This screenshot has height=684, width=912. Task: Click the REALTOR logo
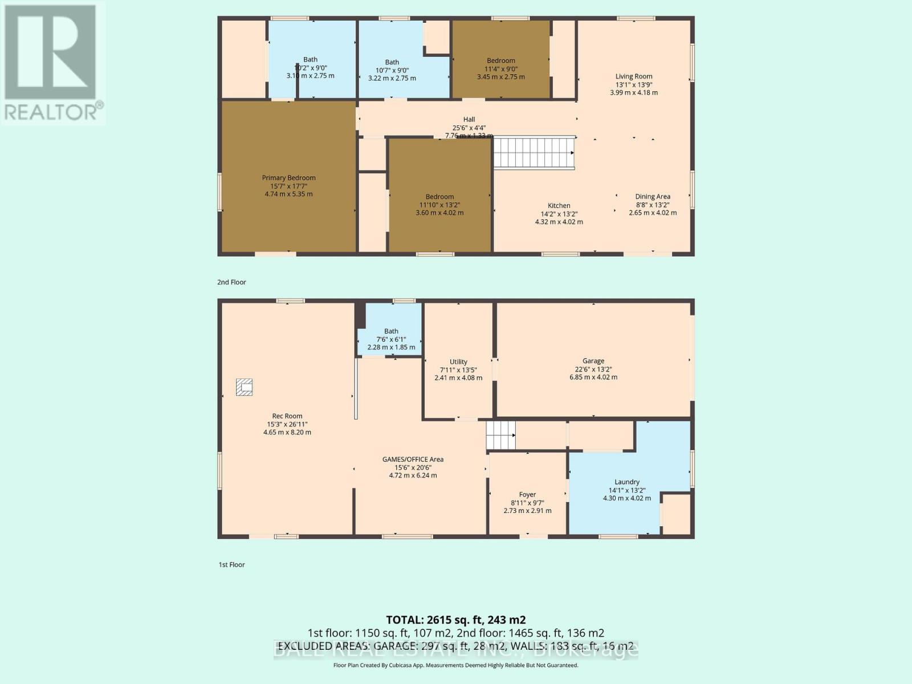click(x=52, y=63)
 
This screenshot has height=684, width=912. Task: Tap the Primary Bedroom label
click(x=288, y=178)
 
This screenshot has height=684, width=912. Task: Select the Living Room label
click(x=633, y=76)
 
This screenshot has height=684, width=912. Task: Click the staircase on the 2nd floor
click(x=534, y=153)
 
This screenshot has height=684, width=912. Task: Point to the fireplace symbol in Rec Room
click(x=245, y=387)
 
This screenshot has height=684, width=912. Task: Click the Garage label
click(x=593, y=361)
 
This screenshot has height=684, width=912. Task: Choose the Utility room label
click(x=458, y=362)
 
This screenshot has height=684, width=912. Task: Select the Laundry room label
click(x=626, y=482)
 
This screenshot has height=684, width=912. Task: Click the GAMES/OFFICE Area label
click(x=413, y=459)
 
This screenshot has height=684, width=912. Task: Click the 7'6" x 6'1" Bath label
click(x=391, y=331)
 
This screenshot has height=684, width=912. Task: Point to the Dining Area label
click(x=653, y=197)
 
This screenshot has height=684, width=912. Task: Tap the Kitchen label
click(x=559, y=206)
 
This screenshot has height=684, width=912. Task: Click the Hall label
click(x=469, y=120)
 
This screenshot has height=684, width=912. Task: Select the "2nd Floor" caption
click(x=231, y=282)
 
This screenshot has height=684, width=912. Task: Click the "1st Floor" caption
click(x=231, y=565)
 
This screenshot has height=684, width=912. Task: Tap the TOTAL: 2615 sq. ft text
click(x=455, y=620)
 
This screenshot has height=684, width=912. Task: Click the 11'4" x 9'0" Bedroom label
click(x=500, y=60)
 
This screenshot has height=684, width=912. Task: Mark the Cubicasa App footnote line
click(x=455, y=665)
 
